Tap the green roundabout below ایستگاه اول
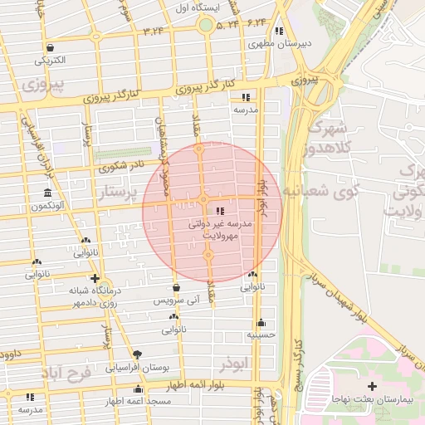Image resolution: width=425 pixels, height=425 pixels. click(x=205, y=25)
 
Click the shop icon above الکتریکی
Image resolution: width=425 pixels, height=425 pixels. click(x=51, y=47)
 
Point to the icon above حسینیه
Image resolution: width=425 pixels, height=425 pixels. click(x=261, y=322)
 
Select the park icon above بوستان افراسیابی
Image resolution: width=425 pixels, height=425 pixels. click(x=137, y=354)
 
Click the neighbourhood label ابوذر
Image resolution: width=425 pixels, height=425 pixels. click(x=236, y=364)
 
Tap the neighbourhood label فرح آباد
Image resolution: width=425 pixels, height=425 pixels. click(x=70, y=374)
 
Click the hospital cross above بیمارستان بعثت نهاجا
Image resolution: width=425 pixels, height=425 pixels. click(x=372, y=387)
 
